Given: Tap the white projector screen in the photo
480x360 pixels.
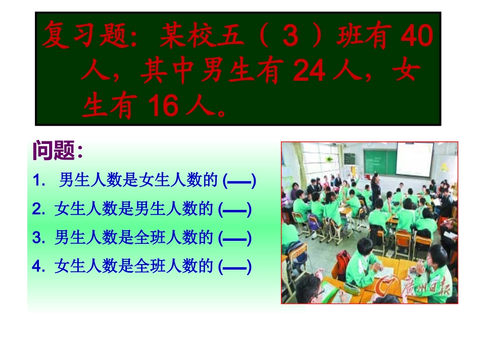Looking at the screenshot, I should [414, 159].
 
